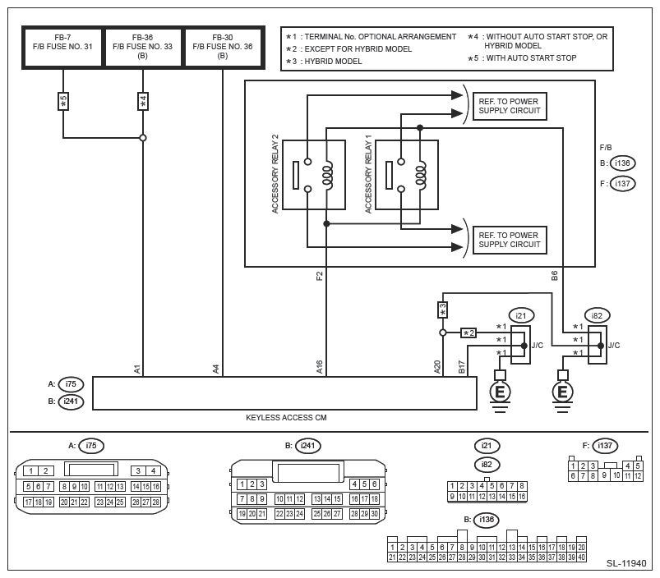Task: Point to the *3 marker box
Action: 442,310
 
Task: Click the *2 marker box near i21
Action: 468,333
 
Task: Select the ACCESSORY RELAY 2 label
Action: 276,174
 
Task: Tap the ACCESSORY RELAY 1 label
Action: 369,174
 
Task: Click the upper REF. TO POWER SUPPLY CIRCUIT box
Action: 510,106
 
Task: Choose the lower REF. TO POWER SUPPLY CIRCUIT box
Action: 510,240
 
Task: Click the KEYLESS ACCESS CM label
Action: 286,418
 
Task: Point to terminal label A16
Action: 320,367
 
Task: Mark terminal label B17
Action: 461,367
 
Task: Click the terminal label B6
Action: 555,276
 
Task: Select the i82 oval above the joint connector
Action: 597,315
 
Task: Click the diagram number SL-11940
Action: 626,564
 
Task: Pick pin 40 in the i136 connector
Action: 581,557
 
